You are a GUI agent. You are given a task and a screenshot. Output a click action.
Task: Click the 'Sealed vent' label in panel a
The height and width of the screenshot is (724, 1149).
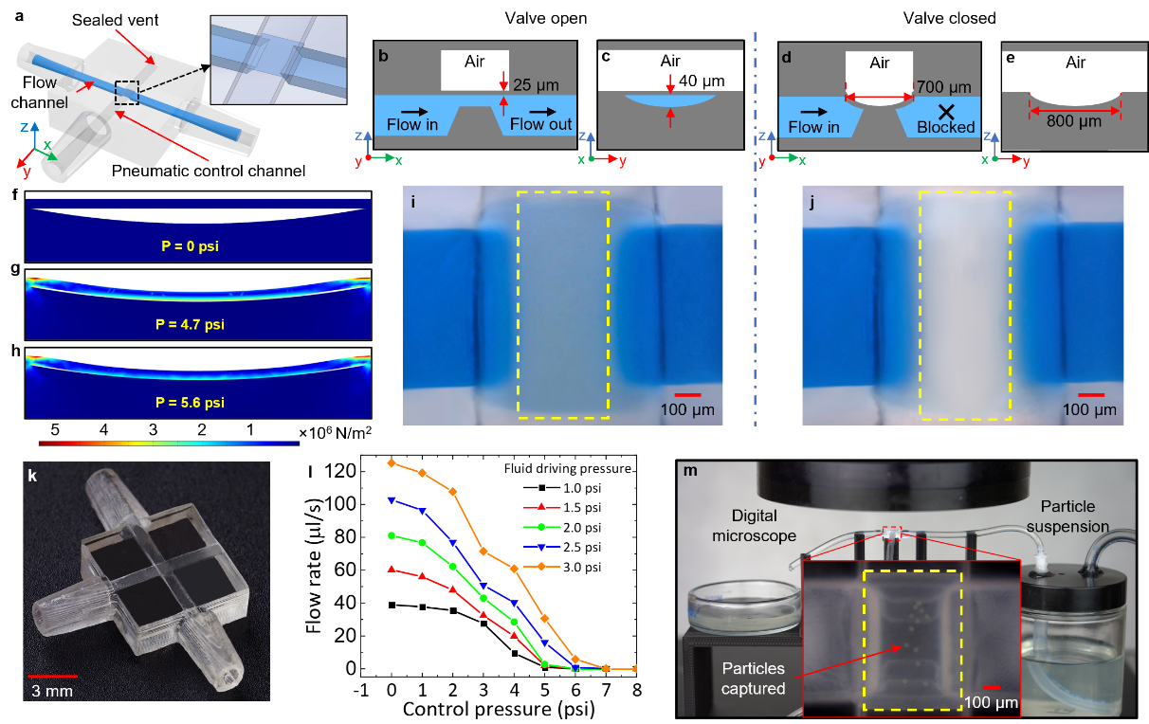(x=115, y=20)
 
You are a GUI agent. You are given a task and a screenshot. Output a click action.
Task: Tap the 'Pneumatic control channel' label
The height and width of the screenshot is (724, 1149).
(x=209, y=171)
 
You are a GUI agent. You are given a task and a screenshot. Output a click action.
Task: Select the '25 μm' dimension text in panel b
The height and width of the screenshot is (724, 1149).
(x=536, y=85)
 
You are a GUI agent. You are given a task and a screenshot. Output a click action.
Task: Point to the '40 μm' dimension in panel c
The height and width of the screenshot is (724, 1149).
(x=702, y=81)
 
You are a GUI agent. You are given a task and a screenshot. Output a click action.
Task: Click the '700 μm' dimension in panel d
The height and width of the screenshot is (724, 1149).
(x=944, y=87)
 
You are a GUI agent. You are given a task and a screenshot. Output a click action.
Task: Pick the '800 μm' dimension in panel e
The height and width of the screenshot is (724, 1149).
(x=1074, y=121)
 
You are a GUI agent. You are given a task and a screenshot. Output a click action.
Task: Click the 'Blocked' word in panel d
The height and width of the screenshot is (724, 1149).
(x=946, y=127)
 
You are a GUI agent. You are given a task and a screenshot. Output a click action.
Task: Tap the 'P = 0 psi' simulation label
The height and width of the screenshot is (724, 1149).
(x=191, y=246)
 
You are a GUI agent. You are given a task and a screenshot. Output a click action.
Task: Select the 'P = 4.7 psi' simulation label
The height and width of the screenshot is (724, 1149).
(x=191, y=324)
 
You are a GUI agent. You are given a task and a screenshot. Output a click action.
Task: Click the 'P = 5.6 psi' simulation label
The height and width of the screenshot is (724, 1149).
(x=191, y=403)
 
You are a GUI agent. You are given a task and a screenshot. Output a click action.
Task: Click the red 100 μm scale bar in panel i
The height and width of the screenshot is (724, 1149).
(x=688, y=395)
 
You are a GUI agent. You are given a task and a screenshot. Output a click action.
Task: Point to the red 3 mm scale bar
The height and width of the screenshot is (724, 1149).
(x=53, y=677)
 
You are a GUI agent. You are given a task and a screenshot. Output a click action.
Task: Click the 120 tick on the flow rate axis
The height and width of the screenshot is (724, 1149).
(x=340, y=471)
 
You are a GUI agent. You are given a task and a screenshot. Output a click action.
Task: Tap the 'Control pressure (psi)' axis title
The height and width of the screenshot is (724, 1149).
(x=499, y=709)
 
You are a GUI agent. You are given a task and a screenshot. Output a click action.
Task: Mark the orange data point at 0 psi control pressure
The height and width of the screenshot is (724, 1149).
(x=392, y=463)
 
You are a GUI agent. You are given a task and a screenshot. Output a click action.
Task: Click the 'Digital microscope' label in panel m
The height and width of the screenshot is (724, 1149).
(x=754, y=526)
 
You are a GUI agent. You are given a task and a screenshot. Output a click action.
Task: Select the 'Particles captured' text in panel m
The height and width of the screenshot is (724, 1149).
(x=753, y=679)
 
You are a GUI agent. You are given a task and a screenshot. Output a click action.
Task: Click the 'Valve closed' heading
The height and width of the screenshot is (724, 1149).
(x=950, y=18)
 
